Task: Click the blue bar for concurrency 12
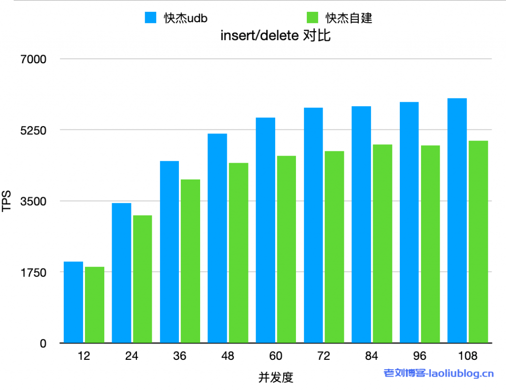pos(73,302)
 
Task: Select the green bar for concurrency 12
pos(94,304)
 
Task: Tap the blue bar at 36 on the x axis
pos(169,252)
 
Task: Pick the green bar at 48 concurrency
pos(238,253)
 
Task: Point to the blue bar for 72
pos(313,225)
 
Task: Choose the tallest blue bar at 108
pos(457,220)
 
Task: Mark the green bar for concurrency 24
pos(142,279)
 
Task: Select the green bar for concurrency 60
pos(286,249)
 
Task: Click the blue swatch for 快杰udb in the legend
pos(150,18)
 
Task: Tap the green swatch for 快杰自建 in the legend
pos(312,18)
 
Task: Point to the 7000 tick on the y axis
pos(33,59)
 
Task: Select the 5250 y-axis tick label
pos(33,130)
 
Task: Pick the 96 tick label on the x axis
pos(420,356)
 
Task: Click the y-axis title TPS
pos(6,201)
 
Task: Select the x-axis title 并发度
pos(276,378)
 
